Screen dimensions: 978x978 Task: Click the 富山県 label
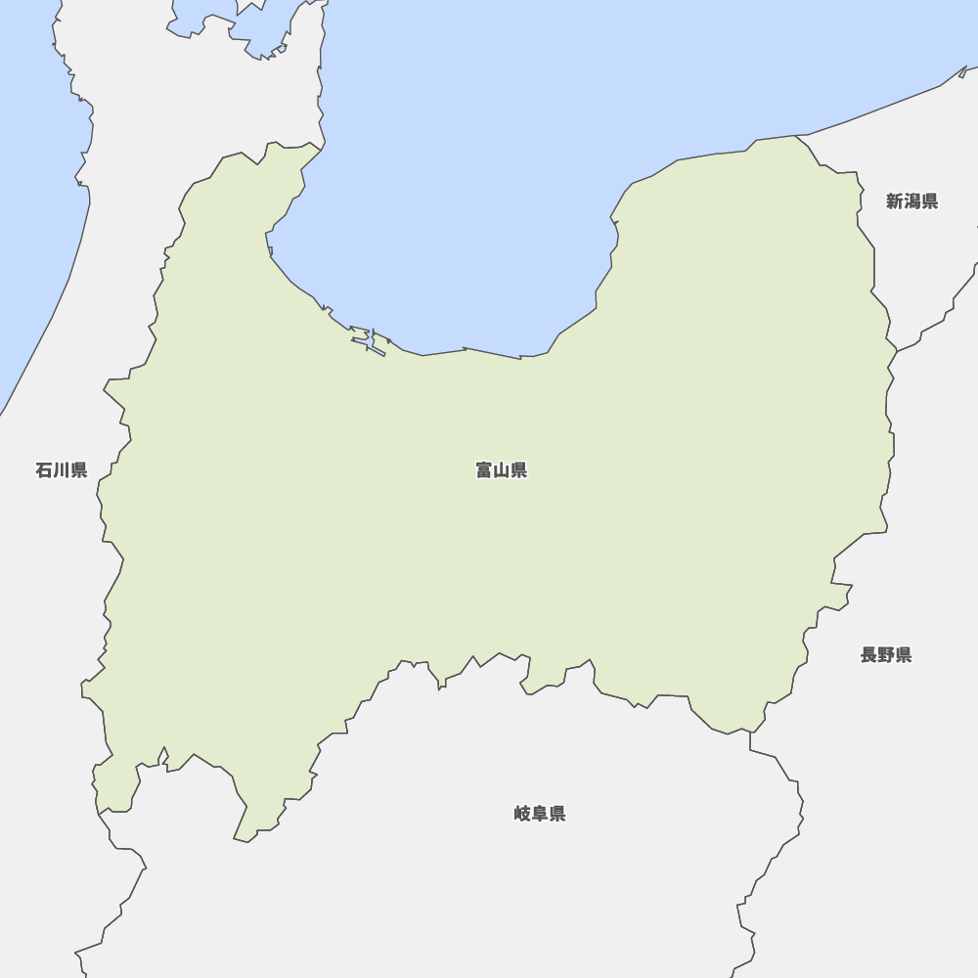click(x=501, y=470)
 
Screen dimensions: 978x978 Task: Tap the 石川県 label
click(x=61, y=470)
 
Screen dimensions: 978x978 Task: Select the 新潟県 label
click(x=911, y=201)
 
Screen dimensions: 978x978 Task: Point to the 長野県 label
click(x=885, y=655)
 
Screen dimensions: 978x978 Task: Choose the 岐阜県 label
click(x=539, y=814)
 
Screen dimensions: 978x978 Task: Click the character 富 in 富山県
click(x=484, y=470)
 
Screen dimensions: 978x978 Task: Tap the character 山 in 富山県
click(x=501, y=470)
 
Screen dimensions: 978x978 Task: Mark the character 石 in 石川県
click(x=44, y=470)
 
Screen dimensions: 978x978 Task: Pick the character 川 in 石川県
click(x=61, y=470)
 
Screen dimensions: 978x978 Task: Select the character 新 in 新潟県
click(x=895, y=201)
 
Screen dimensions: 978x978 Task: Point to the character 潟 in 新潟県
click(x=911, y=201)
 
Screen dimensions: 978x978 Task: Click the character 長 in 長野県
click(x=868, y=655)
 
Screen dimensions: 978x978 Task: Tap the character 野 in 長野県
click(x=885, y=655)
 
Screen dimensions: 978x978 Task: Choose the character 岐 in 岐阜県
click(x=522, y=814)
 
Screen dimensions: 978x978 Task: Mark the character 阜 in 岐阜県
click(x=539, y=814)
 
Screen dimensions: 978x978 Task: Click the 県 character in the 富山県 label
click(x=518, y=470)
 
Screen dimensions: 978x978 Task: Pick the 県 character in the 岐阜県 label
click(x=556, y=814)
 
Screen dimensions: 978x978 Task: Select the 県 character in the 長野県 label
click(x=903, y=655)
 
